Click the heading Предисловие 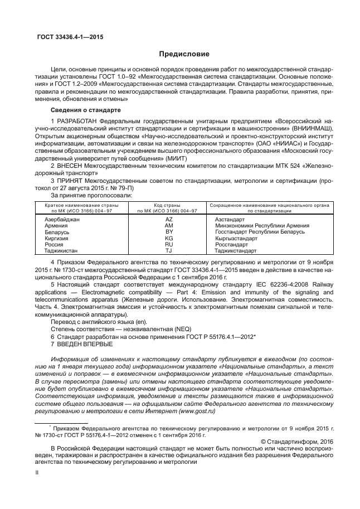coord(184,54)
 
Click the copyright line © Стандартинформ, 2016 coord(297,442)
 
